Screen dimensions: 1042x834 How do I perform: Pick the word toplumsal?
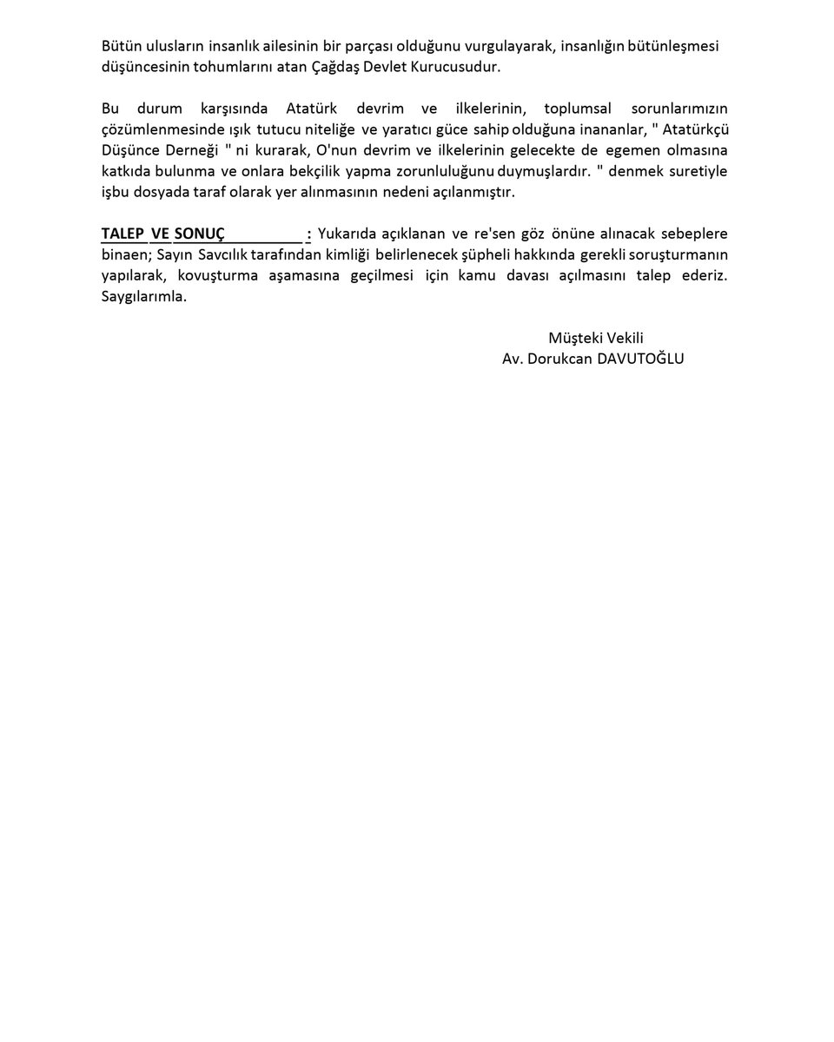point(578,109)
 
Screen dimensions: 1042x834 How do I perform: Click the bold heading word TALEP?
point(122,234)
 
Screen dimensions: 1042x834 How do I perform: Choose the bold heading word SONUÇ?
point(199,234)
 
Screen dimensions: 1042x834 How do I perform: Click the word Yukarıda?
point(348,234)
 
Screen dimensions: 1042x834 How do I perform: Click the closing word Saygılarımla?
point(143,297)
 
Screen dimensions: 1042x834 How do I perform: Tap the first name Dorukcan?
point(556,359)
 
